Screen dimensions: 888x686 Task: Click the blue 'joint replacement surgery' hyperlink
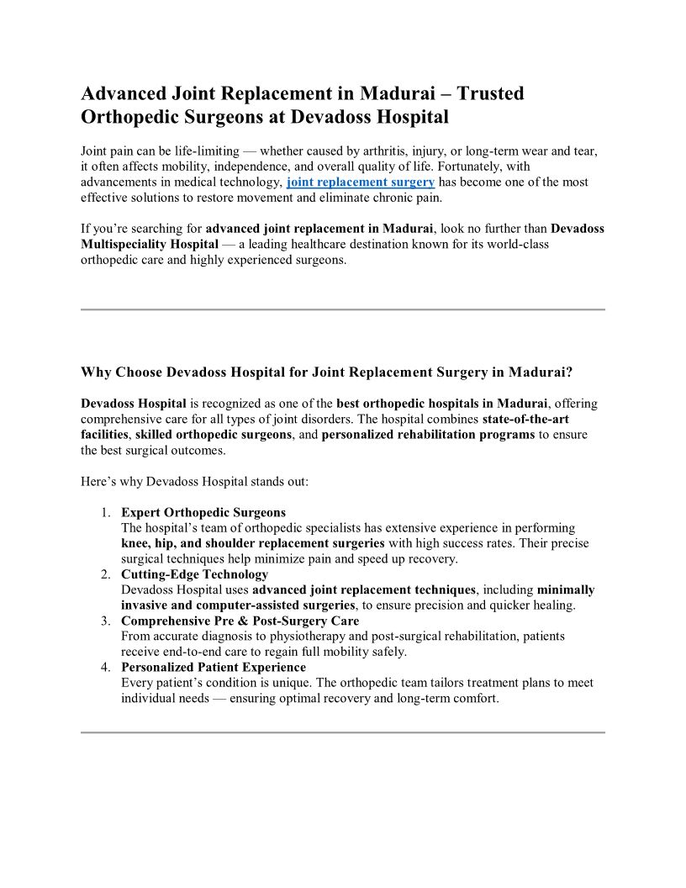[x=361, y=182]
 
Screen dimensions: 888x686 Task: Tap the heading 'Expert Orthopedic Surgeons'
[x=203, y=512]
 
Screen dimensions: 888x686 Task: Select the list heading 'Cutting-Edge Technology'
[x=194, y=574]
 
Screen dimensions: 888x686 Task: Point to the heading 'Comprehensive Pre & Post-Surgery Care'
[x=240, y=621]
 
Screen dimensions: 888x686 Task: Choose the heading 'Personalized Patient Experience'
[x=214, y=668]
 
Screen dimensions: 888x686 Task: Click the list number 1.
[x=105, y=512]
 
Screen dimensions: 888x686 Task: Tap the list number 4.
[x=105, y=668]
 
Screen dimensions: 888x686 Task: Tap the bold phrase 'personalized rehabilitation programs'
[x=428, y=435]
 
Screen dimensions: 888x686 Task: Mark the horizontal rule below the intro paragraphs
[x=343, y=309]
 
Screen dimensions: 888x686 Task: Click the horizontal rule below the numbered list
[x=343, y=732]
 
